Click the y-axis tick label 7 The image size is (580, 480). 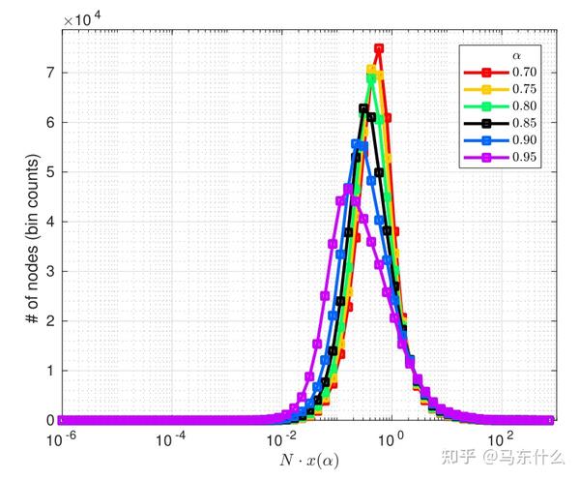coord(48,73)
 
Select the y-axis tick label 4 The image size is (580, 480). coord(48,222)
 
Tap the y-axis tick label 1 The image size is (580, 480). coord(48,371)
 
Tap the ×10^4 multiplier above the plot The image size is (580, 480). coord(85,18)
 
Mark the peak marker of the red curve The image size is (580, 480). coord(379,48)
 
